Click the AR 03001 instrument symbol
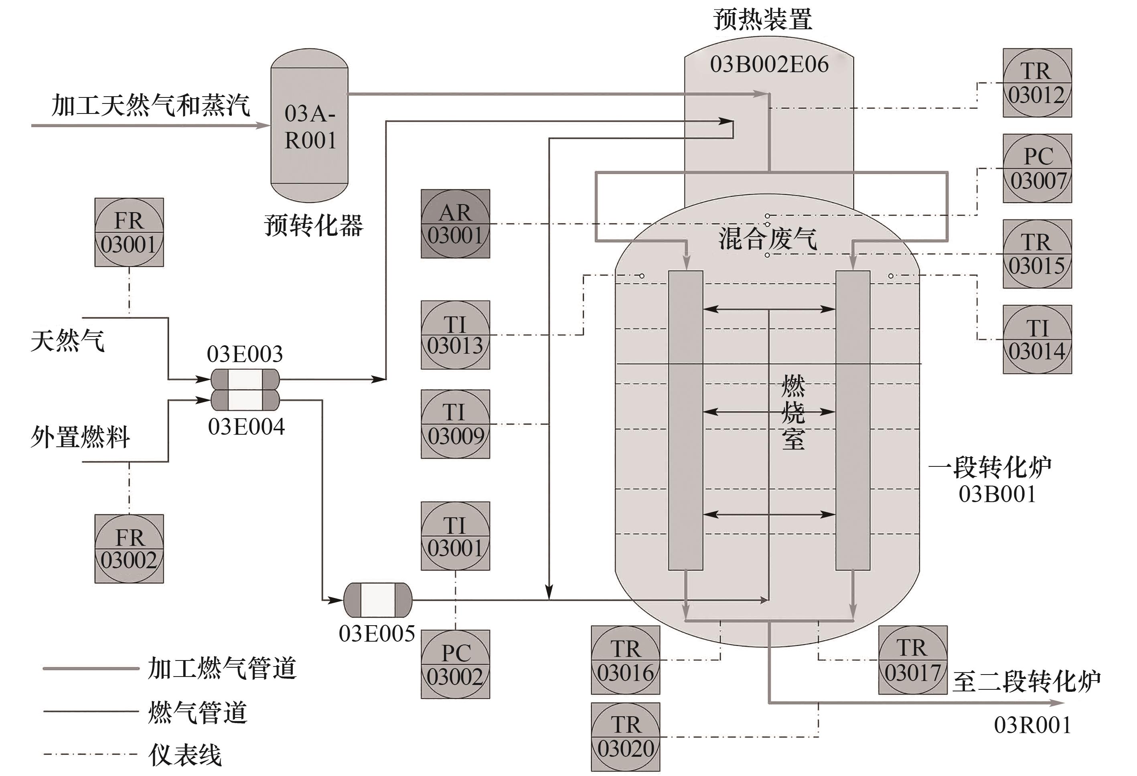455,224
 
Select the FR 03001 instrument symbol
129,233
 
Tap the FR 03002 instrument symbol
129,549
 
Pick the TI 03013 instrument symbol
455,335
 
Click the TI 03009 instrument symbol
455,424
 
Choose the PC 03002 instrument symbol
455,664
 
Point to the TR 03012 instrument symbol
1037,83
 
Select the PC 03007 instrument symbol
1037,168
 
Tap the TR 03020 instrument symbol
625,737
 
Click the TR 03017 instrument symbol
912,660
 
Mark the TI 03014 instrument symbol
1037,340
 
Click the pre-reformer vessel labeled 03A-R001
309,126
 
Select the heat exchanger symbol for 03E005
378,600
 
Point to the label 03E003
245,354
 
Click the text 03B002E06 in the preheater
769,64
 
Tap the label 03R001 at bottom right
1032,725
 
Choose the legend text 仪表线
185,754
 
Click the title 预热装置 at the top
762,20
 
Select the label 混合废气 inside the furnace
767,238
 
